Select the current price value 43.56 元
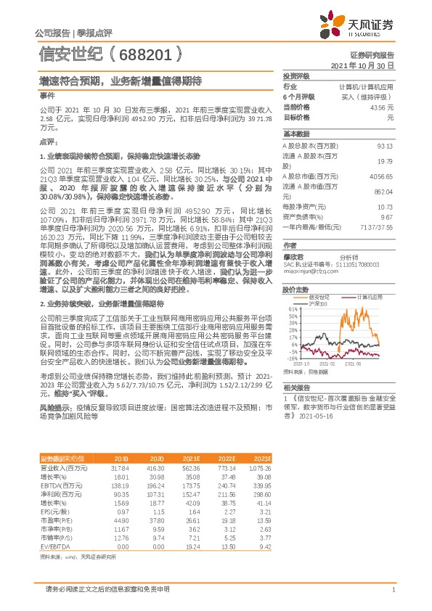pyautogui.click(x=382, y=107)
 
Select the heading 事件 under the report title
pyautogui.click(x=46, y=95)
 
